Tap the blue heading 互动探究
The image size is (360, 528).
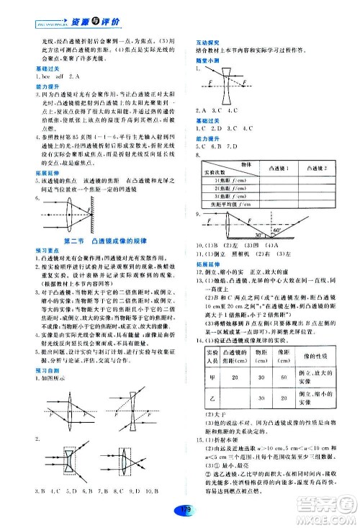coord(207,44)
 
